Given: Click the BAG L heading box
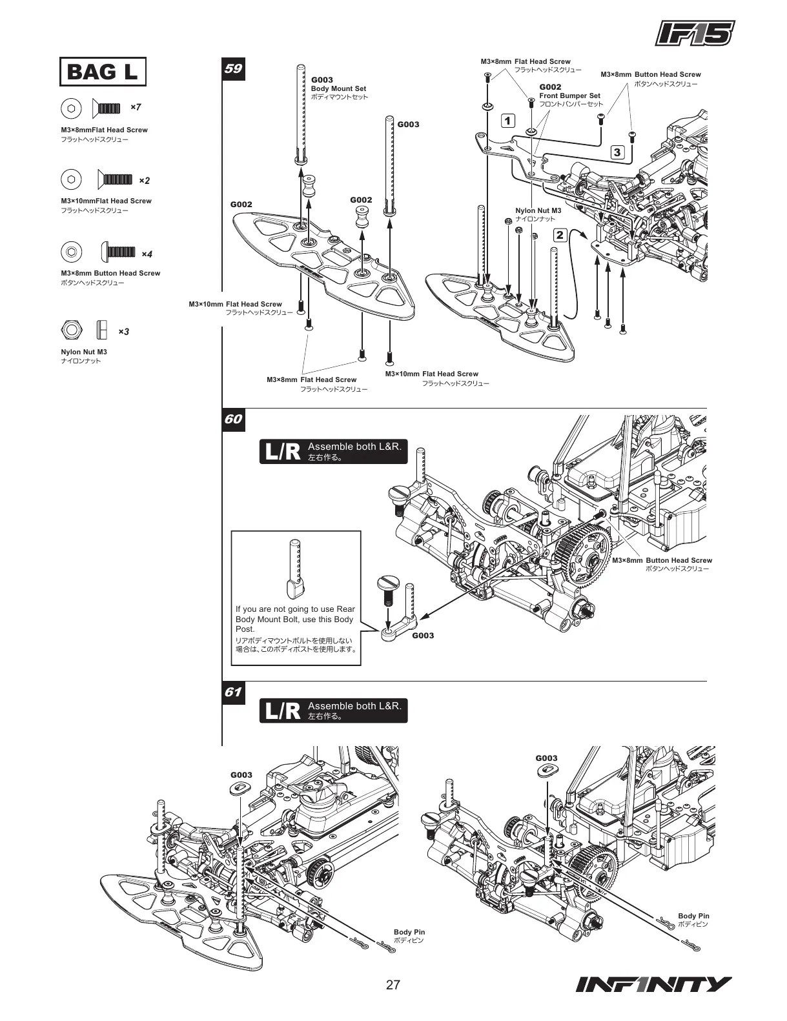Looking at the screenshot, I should (103, 72).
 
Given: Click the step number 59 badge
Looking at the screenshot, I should (233, 68).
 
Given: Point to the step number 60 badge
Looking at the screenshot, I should (233, 419).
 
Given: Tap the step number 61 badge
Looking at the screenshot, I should (233, 692).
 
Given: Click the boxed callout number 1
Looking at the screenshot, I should (508, 121).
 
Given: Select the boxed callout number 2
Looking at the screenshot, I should (560, 235).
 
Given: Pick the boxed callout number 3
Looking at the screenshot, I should (617, 152).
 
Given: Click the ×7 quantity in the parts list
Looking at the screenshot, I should (136, 106).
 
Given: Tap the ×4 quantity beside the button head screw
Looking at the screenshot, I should (147, 254).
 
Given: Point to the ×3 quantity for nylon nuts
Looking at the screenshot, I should (123, 332).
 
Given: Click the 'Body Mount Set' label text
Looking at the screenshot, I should (338, 88).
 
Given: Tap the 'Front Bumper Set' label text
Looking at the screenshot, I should (569, 96).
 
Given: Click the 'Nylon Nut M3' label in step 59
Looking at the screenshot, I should (538, 210).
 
